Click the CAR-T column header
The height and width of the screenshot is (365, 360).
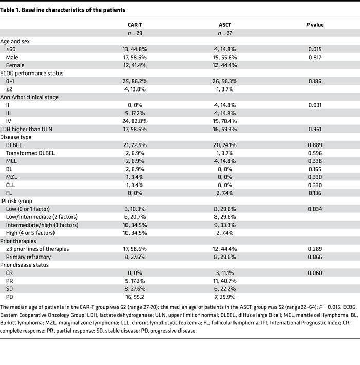tap(135, 24)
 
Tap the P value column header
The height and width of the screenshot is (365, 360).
tap(315, 24)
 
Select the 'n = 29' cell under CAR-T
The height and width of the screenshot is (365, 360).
tap(135, 33)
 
